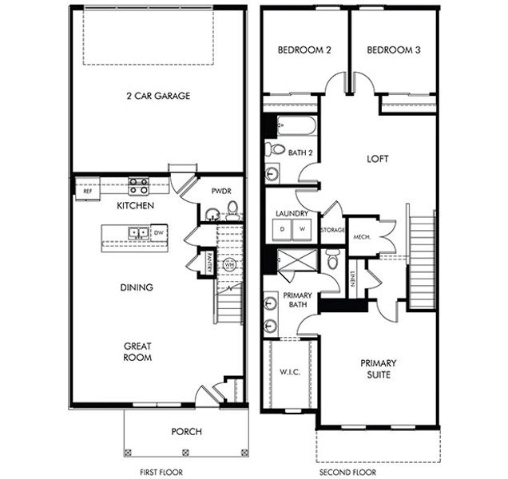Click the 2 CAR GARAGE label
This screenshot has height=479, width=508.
(x=157, y=97)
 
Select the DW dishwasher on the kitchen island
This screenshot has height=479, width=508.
(x=159, y=233)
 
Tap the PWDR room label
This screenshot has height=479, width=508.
(x=221, y=192)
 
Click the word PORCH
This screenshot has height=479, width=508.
(x=187, y=432)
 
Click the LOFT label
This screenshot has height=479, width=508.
(x=376, y=159)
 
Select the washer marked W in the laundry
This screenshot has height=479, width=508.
(x=303, y=230)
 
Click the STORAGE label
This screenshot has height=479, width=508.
(x=331, y=230)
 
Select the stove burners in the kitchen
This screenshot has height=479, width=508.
(x=138, y=186)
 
